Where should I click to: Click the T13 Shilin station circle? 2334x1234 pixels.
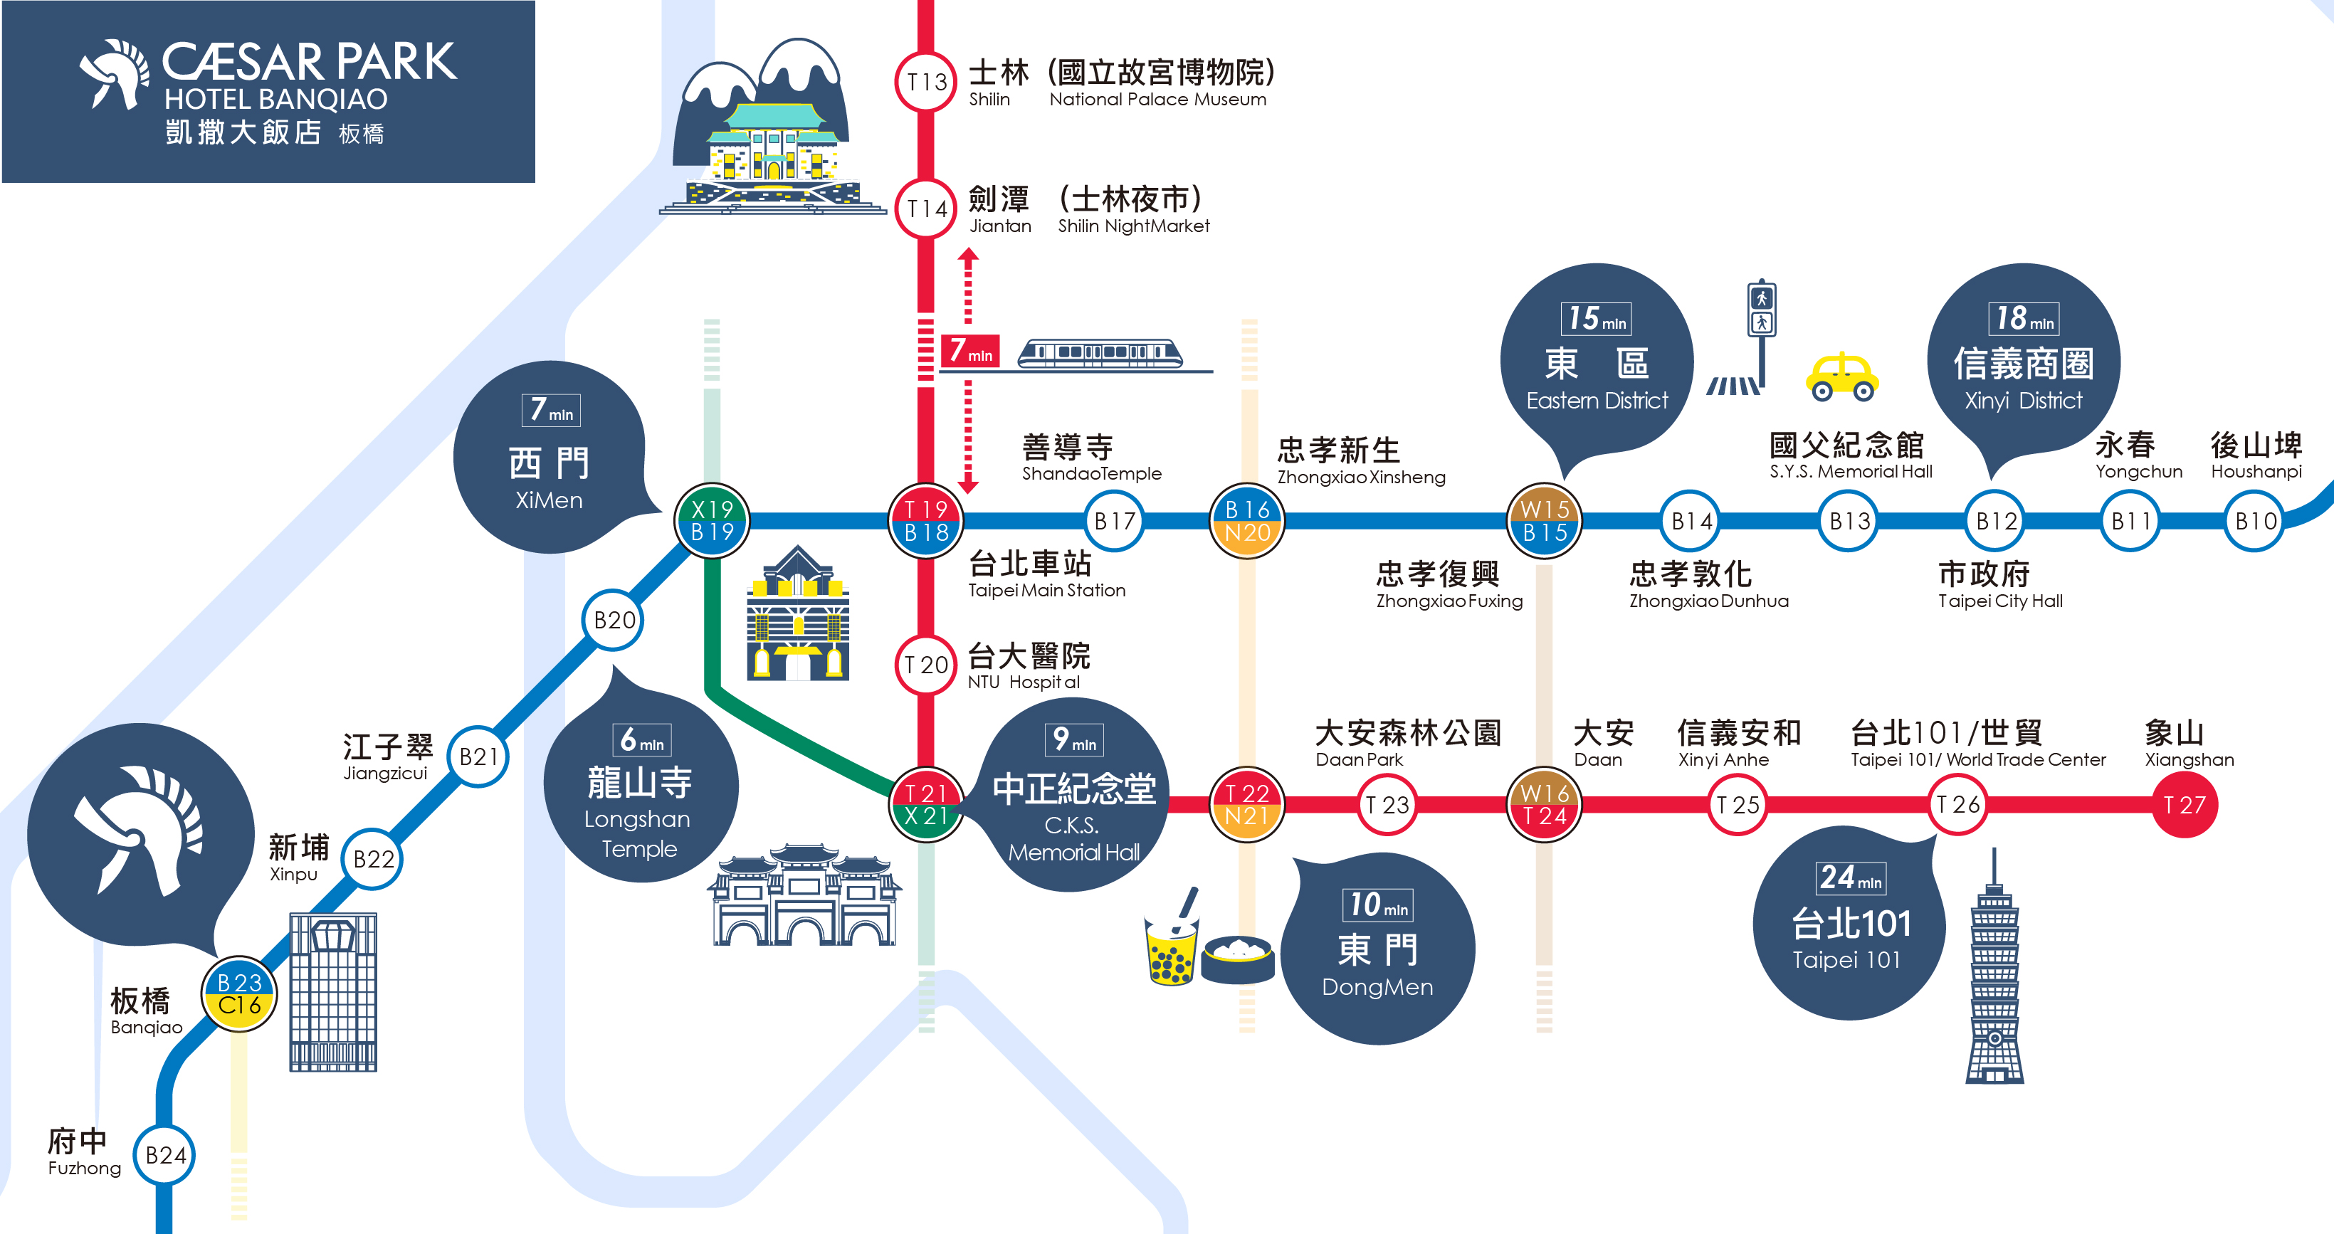click(926, 83)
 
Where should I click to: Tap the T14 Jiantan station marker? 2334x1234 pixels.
click(926, 209)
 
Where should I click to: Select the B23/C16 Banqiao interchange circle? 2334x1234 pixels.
click(239, 994)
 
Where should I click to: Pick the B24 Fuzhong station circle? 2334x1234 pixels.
click(165, 1155)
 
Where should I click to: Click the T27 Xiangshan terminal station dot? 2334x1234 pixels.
click(2185, 805)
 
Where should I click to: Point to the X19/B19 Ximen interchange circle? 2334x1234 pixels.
click(713, 521)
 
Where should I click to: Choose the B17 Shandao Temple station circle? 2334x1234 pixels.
click(1115, 521)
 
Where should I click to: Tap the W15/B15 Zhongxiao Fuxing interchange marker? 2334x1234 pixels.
click(1545, 521)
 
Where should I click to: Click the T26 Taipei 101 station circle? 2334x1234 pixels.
click(1958, 805)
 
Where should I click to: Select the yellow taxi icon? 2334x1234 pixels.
click(1842, 377)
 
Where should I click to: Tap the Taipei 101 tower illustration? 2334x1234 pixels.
click(1994, 979)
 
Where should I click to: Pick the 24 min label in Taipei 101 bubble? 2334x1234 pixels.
click(1851, 877)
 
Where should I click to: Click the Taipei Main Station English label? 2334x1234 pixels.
click(1046, 591)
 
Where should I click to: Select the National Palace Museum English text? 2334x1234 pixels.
click(1157, 100)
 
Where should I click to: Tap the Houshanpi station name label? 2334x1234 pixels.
click(2256, 472)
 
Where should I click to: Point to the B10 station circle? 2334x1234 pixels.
click(2255, 521)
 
